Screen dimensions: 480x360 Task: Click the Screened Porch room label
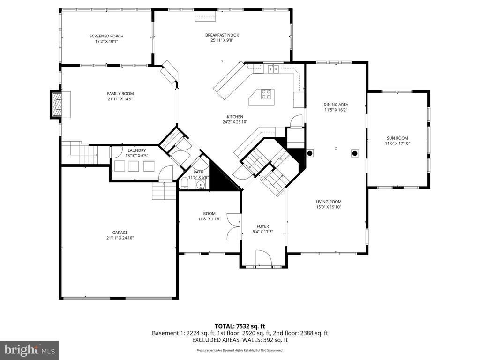click(106, 36)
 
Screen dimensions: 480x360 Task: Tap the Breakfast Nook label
click(222, 35)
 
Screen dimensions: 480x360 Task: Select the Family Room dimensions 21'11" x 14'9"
click(120, 99)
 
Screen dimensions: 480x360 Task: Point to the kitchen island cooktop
click(266, 94)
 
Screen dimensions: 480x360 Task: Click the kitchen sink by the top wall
click(273, 69)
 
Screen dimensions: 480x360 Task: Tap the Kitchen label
click(235, 117)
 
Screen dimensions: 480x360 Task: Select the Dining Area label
click(336, 105)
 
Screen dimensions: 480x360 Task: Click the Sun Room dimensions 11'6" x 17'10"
click(397, 143)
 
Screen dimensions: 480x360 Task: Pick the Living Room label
click(329, 202)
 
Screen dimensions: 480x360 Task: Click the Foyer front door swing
click(264, 258)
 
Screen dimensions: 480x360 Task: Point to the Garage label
click(120, 232)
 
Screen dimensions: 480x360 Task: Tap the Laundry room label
click(136, 150)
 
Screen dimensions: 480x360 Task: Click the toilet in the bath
click(185, 184)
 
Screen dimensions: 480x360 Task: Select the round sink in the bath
click(201, 185)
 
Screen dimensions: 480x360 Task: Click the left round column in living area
click(310, 153)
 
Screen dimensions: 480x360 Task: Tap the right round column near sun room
click(355, 153)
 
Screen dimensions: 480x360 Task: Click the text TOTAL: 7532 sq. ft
click(240, 326)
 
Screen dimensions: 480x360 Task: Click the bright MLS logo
click(30, 350)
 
